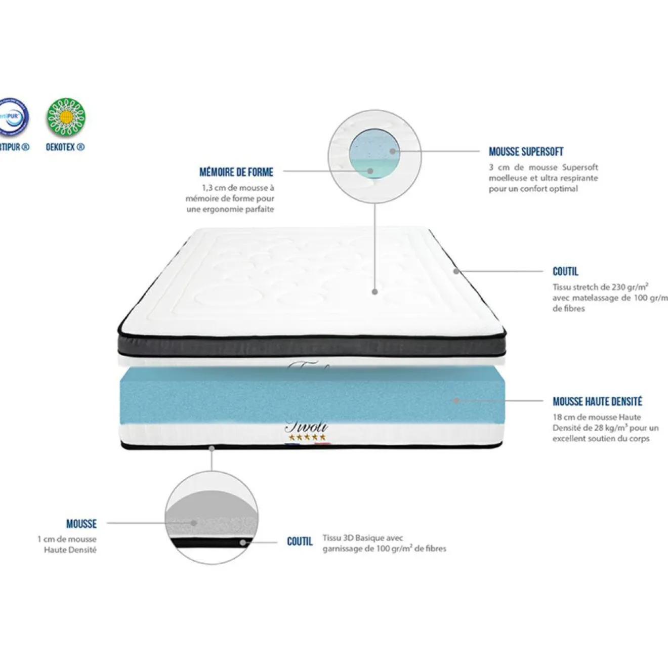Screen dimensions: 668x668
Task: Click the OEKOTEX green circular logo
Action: [66, 117]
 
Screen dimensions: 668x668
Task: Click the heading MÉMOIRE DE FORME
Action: [236, 172]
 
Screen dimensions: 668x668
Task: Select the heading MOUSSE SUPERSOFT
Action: [526, 151]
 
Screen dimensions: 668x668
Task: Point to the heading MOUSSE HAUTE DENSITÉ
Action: [597, 402]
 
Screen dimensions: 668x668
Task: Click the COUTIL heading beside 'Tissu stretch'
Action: [565, 272]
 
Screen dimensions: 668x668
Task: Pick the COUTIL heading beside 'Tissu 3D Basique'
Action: [300, 542]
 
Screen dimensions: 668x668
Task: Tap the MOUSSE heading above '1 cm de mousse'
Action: [81, 524]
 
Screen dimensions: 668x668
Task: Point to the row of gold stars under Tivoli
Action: [306, 437]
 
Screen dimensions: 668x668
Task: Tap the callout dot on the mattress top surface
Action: [374, 291]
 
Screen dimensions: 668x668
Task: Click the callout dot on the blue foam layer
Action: [456, 400]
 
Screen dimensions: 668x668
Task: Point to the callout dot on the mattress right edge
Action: [456, 271]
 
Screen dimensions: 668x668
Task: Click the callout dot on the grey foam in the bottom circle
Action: [193, 523]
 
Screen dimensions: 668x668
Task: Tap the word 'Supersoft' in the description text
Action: [580, 167]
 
